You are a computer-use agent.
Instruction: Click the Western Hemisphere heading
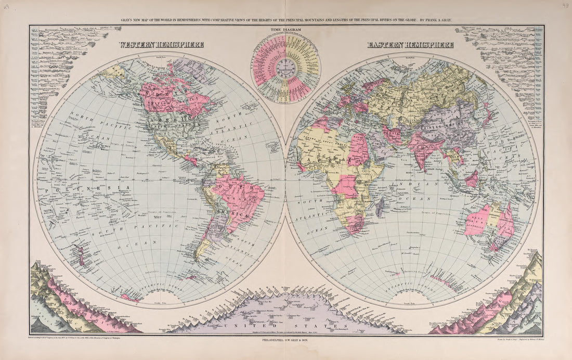point(161,45)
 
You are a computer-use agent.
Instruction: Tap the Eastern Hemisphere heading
point(410,45)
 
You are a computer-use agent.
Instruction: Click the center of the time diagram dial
point(286,68)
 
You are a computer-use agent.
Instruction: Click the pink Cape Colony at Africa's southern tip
point(355,224)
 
